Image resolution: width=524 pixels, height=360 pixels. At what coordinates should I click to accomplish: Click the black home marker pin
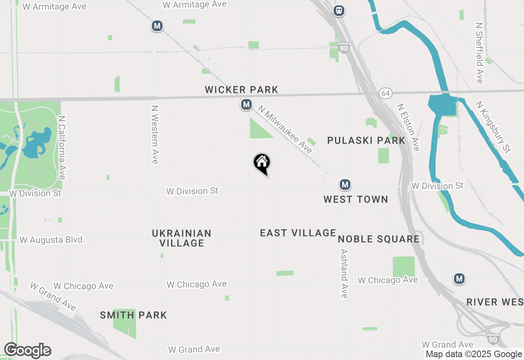coord(262,164)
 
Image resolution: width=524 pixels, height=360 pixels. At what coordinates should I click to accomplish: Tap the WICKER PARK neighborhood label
coord(242,90)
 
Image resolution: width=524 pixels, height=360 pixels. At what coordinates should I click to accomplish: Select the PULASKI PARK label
coord(366,140)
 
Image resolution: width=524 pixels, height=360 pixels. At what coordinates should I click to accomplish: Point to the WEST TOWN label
coord(355,199)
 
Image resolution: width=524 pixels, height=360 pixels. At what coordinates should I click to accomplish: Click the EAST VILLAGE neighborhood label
coord(298,233)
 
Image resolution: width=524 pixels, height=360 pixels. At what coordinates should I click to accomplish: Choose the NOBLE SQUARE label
coord(379,239)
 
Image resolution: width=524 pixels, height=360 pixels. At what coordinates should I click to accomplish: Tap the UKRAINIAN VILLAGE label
coord(182,238)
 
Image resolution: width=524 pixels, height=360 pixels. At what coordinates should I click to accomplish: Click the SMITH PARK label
coord(133,315)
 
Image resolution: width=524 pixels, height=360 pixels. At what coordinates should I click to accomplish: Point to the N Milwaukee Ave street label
coord(285,129)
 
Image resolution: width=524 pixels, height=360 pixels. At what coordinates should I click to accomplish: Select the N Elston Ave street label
coord(408,127)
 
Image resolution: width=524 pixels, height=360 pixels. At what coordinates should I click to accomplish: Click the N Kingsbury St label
coord(493,127)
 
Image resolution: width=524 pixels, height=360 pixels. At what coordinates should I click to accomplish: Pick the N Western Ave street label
coord(154,135)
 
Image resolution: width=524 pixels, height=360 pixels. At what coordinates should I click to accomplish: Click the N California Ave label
coord(62,147)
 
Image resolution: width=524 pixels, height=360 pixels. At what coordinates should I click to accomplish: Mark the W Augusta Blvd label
coord(51,240)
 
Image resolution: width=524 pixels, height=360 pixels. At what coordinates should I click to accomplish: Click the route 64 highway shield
coord(385,93)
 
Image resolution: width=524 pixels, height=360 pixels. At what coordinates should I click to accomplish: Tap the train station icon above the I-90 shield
coord(339,11)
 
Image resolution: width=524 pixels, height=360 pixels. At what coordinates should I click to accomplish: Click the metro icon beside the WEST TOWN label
coord(345,185)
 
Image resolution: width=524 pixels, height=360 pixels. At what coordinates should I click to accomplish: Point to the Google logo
coord(27,351)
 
